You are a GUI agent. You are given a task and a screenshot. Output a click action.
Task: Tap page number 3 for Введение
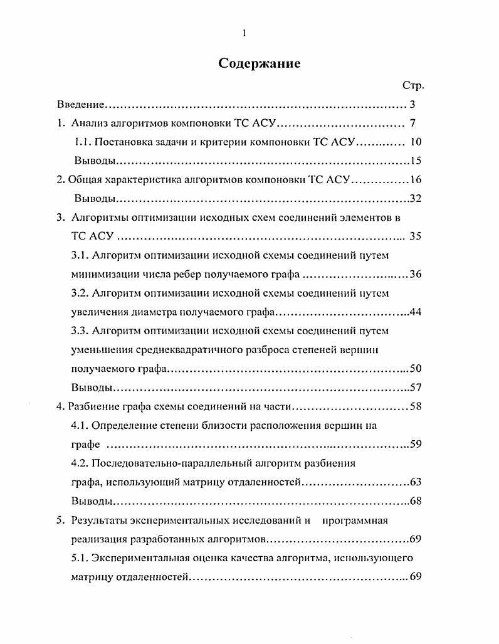coord(412,104)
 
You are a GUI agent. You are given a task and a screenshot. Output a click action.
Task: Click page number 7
coord(413,123)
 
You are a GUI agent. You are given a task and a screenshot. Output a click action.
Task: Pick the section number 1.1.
coord(83,142)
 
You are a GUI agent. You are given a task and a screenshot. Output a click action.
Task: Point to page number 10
coord(415,142)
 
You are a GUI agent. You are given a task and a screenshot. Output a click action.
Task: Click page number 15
coord(415,161)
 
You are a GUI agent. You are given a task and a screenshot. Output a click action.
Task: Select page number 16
coord(416,179)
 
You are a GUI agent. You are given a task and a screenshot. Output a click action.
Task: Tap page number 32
coord(415,199)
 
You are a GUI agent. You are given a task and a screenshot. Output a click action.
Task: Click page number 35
coord(415,236)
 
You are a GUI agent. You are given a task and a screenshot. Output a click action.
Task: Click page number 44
coord(415,312)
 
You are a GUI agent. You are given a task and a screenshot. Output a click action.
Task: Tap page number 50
coord(415,368)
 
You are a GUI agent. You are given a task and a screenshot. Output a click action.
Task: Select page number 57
coord(415,387)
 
